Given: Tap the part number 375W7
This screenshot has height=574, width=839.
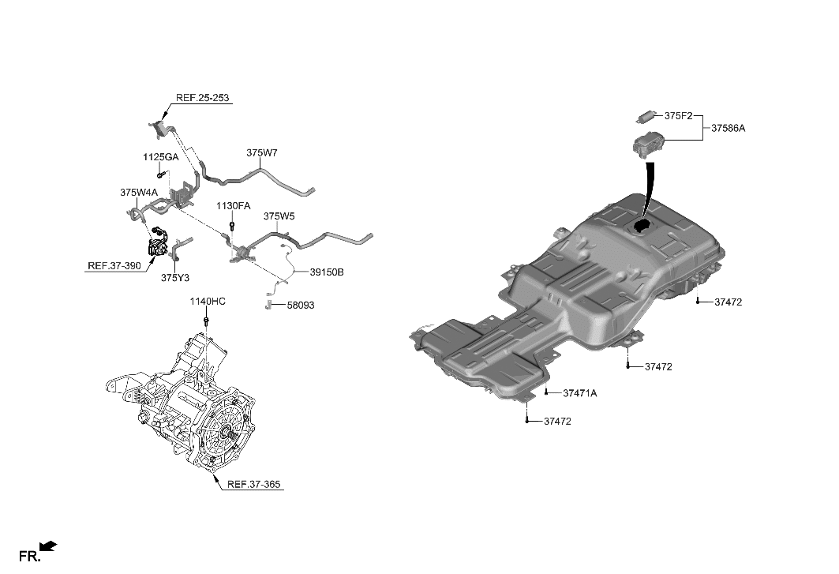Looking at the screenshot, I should [261, 152].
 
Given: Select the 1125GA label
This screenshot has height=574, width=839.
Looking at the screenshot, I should [160, 157].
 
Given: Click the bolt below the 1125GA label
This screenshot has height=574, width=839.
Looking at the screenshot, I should [160, 174].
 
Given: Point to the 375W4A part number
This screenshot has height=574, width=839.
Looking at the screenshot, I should [139, 192].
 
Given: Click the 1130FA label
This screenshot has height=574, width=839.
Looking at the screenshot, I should [234, 205].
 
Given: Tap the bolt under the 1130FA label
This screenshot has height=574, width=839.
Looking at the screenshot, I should [231, 225].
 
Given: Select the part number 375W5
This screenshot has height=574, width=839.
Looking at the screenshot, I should [279, 216].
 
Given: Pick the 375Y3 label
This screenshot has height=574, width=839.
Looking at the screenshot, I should [175, 277].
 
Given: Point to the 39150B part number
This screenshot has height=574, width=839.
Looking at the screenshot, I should [326, 272].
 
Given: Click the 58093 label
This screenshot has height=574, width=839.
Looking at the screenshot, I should [300, 305].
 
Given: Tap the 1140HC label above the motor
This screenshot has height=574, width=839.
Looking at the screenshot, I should [207, 302].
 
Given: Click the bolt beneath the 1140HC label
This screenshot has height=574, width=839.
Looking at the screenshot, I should [206, 321].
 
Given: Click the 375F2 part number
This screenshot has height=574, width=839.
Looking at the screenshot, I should [678, 116].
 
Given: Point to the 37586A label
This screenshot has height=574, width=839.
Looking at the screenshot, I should [728, 127].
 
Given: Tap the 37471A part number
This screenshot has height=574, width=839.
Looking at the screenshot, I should [580, 393].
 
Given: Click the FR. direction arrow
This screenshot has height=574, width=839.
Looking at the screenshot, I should [49, 545].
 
